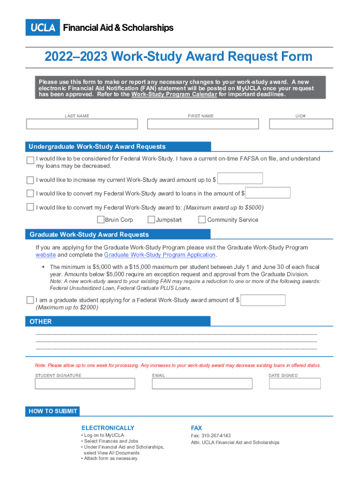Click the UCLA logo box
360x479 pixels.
pyautogui.click(x=43, y=28)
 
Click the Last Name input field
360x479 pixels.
pyautogui.click(x=82, y=124)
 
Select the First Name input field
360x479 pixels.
pyautogui.click(x=203, y=124)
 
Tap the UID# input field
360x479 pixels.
pyautogui.click(x=301, y=124)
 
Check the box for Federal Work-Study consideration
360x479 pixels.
pyautogui.click(x=30, y=160)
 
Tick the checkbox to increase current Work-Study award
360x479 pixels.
pyautogui.click(x=30, y=180)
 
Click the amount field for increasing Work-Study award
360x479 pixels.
pyautogui.click(x=240, y=178)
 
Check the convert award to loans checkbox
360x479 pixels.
pyautogui.click(x=30, y=194)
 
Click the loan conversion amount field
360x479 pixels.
pyautogui.click(x=268, y=193)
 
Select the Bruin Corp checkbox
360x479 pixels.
pyautogui.click(x=101, y=220)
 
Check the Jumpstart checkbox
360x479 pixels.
pyautogui.click(x=151, y=220)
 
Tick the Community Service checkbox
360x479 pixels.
pyautogui.click(x=202, y=220)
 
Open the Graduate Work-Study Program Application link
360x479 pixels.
pyautogui.click(x=160, y=255)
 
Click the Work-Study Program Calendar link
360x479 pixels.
pyautogui.click(x=174, y=94)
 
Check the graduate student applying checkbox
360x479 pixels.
pyautogui.click(x=30, y=300)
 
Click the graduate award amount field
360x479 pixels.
pyautogui.click(x=263, y=300)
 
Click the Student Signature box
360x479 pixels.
pyautogui.click(x=85, y=384)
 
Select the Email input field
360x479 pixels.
pyautogui.click(x=202, y=384)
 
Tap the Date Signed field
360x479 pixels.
pyautogui.click(x=295, y=384)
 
